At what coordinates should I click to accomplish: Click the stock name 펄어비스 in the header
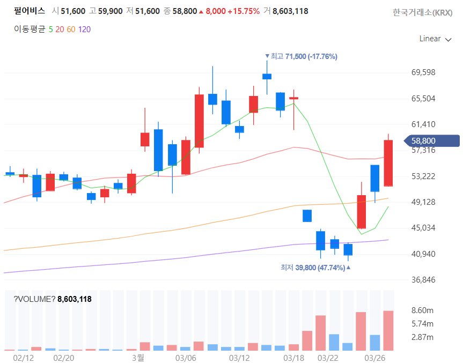click(x=30, y=11)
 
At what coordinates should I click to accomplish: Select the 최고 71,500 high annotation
click(x=300, y=56)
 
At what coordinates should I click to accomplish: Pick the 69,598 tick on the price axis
click(x=423, y=72)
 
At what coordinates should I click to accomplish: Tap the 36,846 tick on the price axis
click(x=423, y=280)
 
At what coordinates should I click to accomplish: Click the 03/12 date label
click(x=240, y=357)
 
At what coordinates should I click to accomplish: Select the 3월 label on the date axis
click(x=138, y=357)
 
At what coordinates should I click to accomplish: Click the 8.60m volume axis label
click(x=422, y=310)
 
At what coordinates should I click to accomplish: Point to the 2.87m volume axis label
click(x=422, y=337)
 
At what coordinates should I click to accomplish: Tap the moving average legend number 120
click(x=84, y=29)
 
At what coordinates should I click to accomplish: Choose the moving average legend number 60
click(x=71, y=29)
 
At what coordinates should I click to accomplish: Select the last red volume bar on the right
click(x=388, y=330)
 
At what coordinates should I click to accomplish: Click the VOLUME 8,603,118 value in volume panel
click(x=75, y=299)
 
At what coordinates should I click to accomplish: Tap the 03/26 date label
click(x=375, y=357)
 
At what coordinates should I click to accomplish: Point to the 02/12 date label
click(x=24, y=357)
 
